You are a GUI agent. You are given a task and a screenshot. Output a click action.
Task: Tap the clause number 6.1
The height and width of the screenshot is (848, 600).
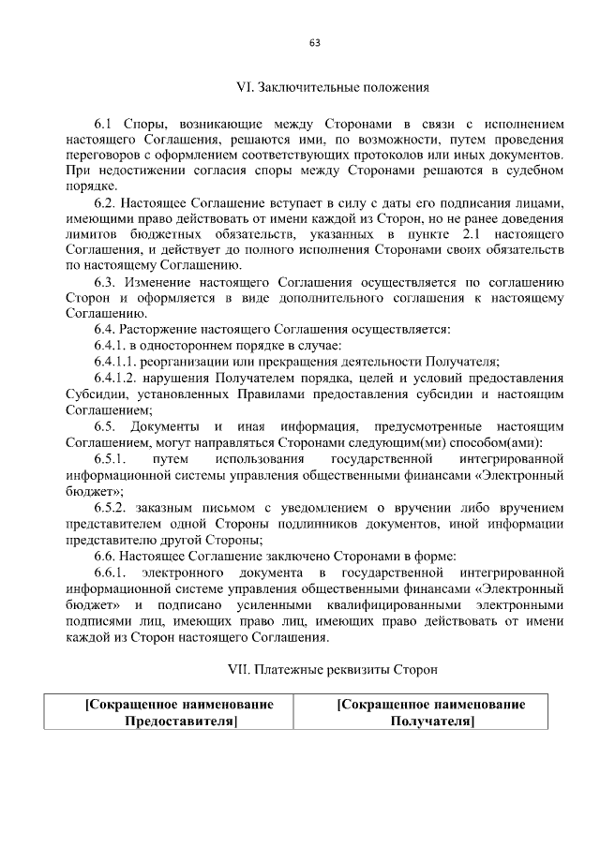pos(104,124)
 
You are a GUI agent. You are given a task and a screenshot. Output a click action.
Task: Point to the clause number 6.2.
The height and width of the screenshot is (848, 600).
pos(106,202)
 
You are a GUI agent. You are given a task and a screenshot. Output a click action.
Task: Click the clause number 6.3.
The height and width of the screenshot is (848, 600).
pos(106,282)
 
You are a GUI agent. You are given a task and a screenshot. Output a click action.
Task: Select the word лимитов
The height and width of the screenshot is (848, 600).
pos(90,234)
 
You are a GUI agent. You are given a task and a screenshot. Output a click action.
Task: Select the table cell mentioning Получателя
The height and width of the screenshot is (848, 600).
pos(430,712)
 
